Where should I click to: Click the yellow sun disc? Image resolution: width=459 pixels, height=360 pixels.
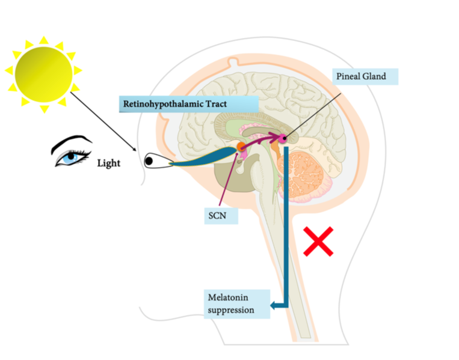tap(43, 75)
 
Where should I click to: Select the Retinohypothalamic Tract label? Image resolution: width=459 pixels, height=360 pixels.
tap(175, 103)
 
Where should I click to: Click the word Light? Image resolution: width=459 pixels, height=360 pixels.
tap(108, 163)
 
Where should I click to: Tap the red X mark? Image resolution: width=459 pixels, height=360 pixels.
tap(319, 242)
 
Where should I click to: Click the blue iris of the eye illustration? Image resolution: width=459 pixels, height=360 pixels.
tap(72, 156)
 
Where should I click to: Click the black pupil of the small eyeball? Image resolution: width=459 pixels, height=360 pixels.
tap(148, 161)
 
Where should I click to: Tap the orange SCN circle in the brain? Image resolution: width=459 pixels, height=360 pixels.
tap(241, 146)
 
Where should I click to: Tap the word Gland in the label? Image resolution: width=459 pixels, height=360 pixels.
tap(374, 76)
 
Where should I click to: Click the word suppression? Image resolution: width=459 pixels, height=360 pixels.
tap(231, 310)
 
